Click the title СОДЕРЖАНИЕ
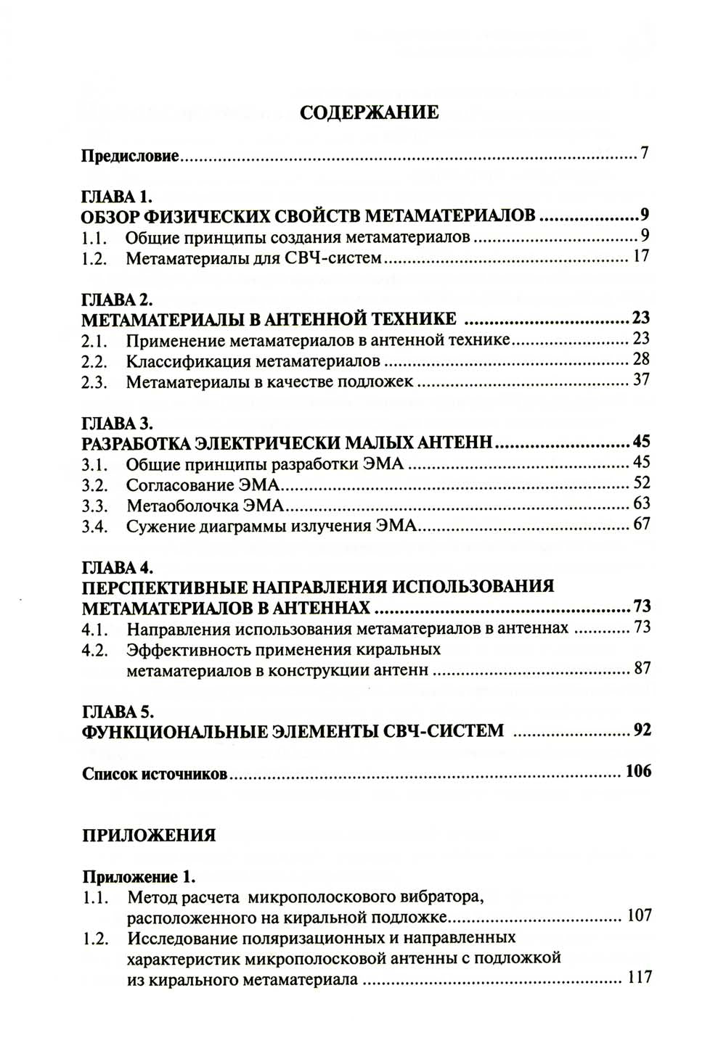click(369, 112)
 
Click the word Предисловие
click(130, 156)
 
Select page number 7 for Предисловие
click(643, 154)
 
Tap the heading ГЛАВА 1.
click(115, 196)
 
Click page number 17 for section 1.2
click(640, 256)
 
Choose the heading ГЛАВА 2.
click(116, 300)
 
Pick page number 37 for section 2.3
click(641, 379)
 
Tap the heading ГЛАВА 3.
click(116, 423)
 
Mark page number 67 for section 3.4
click(641, 524)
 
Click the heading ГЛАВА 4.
click(116, 567)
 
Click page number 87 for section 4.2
click(642, 668)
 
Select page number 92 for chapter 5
click(641, 730)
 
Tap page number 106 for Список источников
click(638, 771)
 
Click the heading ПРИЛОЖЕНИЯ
click(149, 835)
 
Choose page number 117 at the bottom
click(639, 977)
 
